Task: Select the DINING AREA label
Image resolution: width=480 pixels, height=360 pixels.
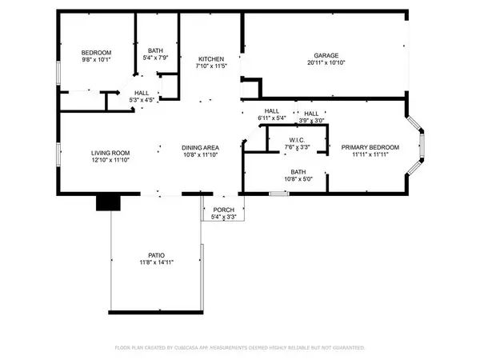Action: coord(202,147)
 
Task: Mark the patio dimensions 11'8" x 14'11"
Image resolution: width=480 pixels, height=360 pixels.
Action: coord(157,262)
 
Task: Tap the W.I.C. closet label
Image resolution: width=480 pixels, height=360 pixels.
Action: coord(298,140)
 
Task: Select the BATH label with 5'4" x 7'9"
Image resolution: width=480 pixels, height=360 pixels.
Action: coord(154,50)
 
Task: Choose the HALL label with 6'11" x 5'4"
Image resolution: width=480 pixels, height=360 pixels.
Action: coord(272,111)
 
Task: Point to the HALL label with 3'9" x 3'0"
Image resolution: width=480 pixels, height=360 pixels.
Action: coord(311,114)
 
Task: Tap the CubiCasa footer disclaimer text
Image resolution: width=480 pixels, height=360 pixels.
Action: coord(240,349)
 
